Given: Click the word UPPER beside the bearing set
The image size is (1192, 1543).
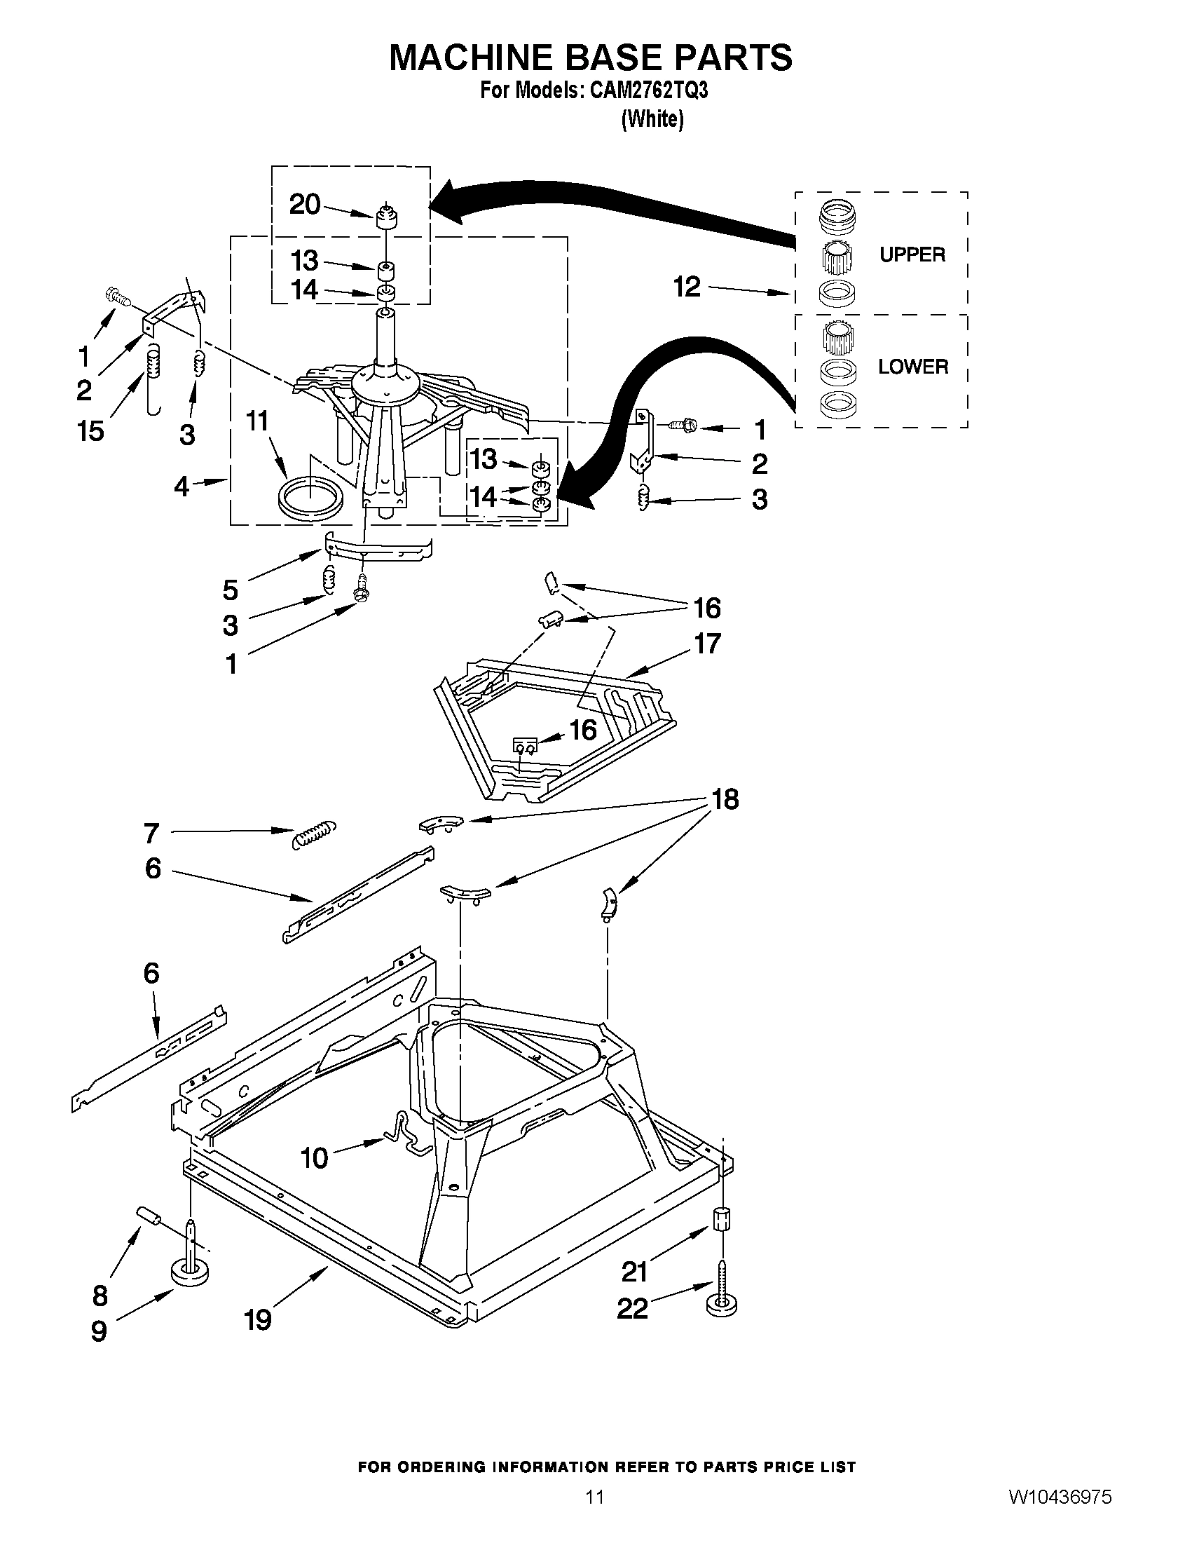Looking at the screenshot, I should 912,254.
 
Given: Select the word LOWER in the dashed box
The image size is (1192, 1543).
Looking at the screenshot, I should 912,367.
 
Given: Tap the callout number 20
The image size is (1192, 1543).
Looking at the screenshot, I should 305,205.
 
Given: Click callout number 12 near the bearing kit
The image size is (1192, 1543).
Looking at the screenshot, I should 686,287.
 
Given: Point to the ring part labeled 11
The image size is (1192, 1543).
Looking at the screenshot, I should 310,498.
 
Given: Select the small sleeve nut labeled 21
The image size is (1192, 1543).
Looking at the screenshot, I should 722,1218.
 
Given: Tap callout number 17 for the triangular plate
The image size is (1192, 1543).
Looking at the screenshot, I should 707,644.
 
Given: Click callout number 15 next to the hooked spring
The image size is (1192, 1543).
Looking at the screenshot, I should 91,430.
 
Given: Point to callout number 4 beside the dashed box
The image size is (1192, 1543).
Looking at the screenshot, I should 182,486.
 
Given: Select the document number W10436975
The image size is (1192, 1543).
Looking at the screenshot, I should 1060,1496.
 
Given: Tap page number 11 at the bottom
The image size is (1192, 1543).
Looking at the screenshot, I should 594,1496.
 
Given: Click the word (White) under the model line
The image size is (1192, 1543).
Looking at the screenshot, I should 652,119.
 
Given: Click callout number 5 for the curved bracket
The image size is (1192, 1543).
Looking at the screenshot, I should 231,589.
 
